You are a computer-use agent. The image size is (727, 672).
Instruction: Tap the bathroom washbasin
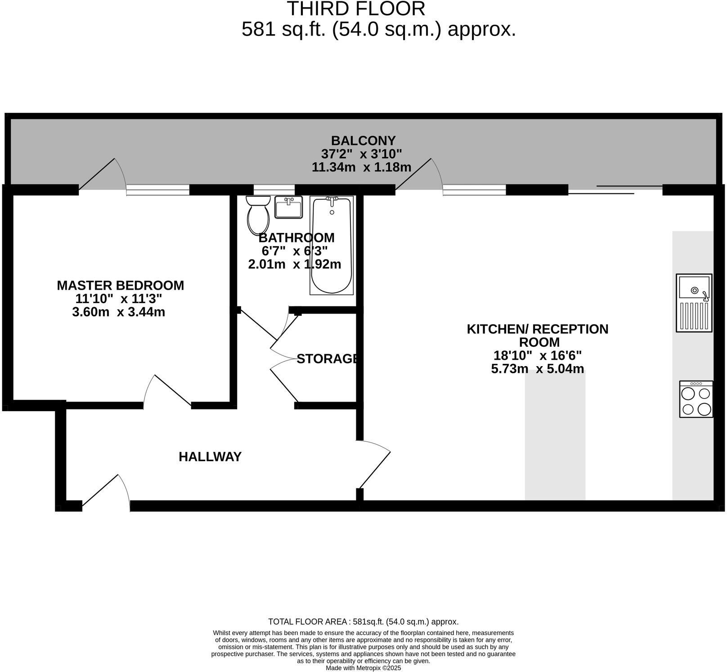coord(288,207)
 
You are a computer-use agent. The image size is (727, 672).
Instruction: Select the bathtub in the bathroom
coord(332,246)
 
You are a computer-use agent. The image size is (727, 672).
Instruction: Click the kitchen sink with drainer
coord(694,303)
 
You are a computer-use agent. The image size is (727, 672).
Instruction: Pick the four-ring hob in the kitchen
coord(696,399)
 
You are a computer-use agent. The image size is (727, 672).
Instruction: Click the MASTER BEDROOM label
coord(120,286)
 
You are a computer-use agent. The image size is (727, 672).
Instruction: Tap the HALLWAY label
coord(210,457)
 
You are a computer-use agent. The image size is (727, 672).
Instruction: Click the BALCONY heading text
coord(363,141)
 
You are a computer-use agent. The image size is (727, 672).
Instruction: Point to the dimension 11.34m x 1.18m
coord(361,167)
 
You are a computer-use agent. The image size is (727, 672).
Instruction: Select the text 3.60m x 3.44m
coord(118,312)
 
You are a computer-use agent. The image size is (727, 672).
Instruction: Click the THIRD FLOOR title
coord(356,9)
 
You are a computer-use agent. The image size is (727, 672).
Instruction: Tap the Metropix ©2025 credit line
coord(363,668)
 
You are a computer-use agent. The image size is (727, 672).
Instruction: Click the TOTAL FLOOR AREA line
coord(363,622)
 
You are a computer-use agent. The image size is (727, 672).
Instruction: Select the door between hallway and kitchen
coord(373,465)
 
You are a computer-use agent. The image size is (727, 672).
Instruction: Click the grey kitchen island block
coord(555,434)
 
